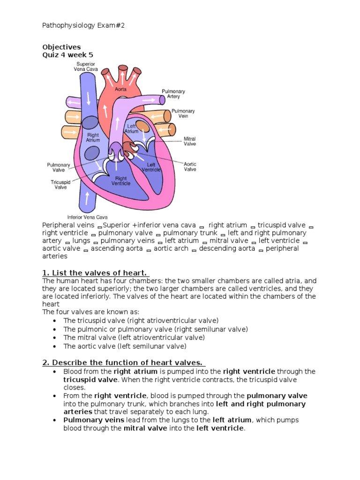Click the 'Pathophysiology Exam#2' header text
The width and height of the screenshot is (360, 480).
[x=83, y=25]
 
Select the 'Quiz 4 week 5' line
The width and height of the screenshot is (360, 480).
[x=67, y=55]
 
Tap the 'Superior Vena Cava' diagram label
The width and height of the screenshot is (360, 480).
[x=84, y=66]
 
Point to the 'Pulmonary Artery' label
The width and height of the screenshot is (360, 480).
[x=173, y=94]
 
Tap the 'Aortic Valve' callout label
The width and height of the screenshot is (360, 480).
[x=190, y=167]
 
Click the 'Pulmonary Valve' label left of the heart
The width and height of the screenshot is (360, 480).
[x=58, y=167]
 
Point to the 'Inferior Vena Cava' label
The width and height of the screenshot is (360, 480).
[x=88, y=217]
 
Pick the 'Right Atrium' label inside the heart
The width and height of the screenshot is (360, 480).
[x=93, y=137]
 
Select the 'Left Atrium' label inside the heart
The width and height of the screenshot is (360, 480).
[x=131, y=129]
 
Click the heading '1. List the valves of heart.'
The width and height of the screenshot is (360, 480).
[x=95, y=273]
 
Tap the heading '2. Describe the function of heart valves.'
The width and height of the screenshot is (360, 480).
[x=123, y=362]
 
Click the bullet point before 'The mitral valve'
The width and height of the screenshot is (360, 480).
[x=55, y=337]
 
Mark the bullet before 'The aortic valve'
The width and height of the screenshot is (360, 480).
[x=55, y=346]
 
